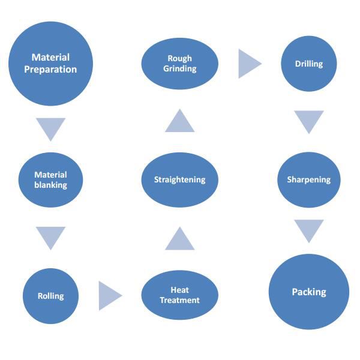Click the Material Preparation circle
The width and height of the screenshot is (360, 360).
[50, 63]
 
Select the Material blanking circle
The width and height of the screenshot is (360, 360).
[50, 180]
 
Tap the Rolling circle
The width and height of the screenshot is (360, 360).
[50, 296]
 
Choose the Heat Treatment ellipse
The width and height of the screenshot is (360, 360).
[179, 295]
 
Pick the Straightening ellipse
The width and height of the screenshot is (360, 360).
[179, 179]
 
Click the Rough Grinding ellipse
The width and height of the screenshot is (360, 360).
[179, 63]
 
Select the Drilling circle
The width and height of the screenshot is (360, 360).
[308, 64]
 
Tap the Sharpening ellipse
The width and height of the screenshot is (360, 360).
[308, 179]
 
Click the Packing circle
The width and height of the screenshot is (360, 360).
[308, 292]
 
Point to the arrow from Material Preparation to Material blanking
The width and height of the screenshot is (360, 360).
[50, 128]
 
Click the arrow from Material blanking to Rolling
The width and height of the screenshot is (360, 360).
[50, 236]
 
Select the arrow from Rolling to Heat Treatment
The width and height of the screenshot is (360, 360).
[109, 295]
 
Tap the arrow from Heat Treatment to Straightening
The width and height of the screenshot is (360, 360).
[179, 239]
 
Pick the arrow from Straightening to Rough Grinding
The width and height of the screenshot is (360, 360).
[179, 122]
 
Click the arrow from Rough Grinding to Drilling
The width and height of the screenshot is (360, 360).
[248, 64]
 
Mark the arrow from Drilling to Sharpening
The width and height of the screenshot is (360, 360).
[308, 121]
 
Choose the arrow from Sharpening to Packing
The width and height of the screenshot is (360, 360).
[308, 230]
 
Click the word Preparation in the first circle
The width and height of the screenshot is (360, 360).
[50, 70]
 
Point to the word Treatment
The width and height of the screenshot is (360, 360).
[179, 300]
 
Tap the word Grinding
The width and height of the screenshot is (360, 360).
[179, 68]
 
